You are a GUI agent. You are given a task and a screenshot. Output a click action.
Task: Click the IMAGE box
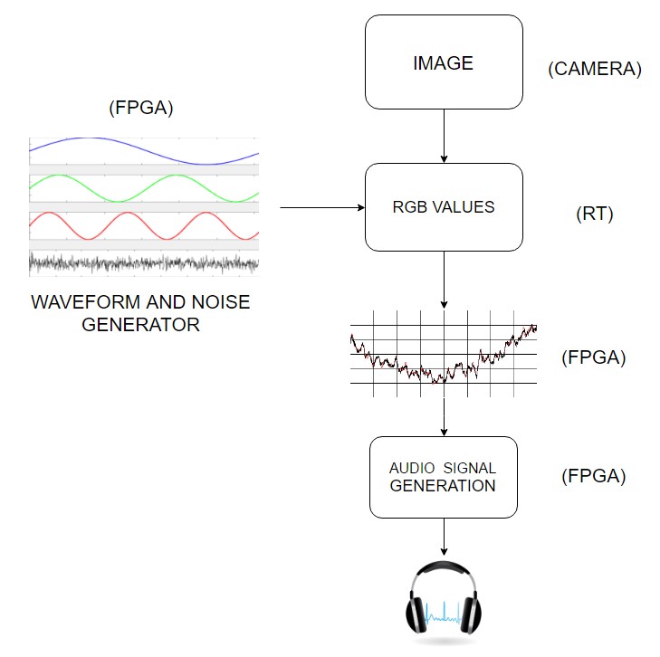[444, 63]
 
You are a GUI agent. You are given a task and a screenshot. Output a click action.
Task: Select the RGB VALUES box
[444, 207]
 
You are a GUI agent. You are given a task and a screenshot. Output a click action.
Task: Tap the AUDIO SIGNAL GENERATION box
[444, 477]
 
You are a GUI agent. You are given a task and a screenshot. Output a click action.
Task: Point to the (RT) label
[595, 214]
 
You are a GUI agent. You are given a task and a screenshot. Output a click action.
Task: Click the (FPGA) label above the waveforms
[140, 109]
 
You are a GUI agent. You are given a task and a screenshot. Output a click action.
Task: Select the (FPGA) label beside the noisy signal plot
[594, 357]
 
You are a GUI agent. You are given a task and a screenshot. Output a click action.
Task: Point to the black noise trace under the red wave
[145, 262]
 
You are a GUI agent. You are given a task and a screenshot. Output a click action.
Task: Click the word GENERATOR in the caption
[140, 324]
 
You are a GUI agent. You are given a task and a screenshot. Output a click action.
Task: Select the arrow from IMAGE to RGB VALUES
[444, 136]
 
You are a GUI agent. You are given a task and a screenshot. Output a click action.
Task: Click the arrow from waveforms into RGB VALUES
[321, 208]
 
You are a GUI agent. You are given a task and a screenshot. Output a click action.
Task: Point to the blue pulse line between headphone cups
[444, 616]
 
